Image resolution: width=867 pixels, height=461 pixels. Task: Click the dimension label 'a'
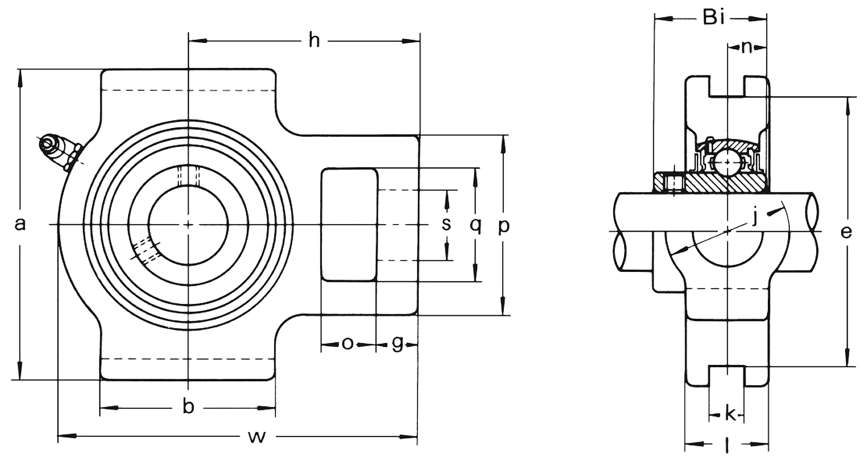(x=20, y=224)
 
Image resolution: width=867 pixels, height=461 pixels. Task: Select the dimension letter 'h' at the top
(x=314, y=41)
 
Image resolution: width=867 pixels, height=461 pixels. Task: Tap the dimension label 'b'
(x=188, y=407)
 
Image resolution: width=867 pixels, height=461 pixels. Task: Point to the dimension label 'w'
(x=257, y=437)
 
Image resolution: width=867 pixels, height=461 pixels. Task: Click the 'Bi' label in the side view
(x=713, y=17)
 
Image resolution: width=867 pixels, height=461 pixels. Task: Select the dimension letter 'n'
(x=746, y=47)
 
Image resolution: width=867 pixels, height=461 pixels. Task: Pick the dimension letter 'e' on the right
(x=846, y=232)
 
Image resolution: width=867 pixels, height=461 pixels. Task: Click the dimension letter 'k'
(x=730, y=414)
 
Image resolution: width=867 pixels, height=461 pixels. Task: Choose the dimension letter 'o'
(x=347, y=344)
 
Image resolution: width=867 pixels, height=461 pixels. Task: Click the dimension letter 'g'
(x=397, y=343)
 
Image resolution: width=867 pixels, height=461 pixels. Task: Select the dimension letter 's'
(x=447, y=224)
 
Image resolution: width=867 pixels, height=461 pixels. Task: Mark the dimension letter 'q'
(x=475, y=225)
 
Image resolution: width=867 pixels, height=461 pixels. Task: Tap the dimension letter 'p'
(x=504, y=226)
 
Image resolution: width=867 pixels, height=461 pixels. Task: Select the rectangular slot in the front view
(x=349, y=224)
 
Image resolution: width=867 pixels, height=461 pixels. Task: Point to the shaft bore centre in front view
(x=188, y=225)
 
